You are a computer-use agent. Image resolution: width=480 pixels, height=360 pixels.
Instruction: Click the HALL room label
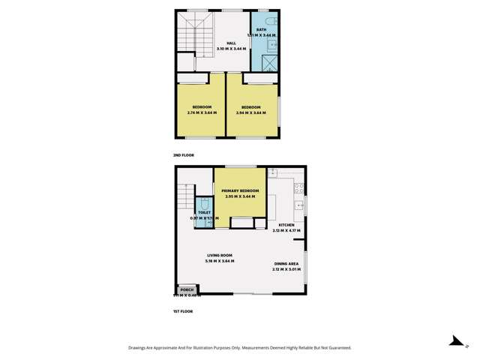tap(221, 43)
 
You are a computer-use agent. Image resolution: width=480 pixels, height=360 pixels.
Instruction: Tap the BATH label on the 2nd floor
tap(261, 30)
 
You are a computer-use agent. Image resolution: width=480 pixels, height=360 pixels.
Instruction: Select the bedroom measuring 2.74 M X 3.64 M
tap(201, 107)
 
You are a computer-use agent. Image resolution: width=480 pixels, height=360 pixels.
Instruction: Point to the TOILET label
tap(203, 213)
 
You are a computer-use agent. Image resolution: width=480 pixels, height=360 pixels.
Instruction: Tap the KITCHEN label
tap(286, 225)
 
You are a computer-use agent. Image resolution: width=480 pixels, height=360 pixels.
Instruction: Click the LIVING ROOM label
tap(220, 256)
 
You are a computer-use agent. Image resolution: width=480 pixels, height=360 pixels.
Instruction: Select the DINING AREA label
tap(286, 264)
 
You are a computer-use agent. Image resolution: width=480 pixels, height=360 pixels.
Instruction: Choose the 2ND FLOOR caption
tap(183, 154)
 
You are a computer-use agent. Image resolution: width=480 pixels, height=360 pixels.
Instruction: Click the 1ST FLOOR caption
tap(182, 310)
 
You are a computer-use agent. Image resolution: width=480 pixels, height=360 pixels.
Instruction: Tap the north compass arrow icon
tap(454, 340)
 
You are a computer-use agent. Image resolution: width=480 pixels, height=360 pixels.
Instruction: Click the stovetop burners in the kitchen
tap(298, 187)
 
